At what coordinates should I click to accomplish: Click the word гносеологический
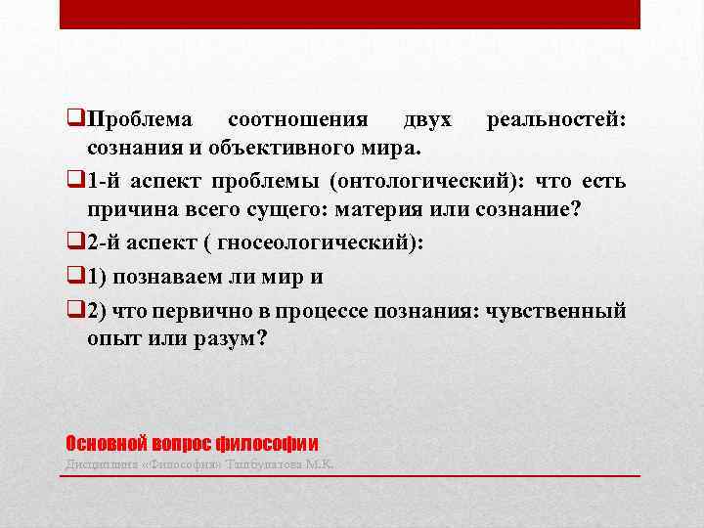(314, 244)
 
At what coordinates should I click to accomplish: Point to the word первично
(227, 309)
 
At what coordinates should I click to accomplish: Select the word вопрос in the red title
(180, 441)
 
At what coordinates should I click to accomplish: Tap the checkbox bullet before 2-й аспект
(75, 244)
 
